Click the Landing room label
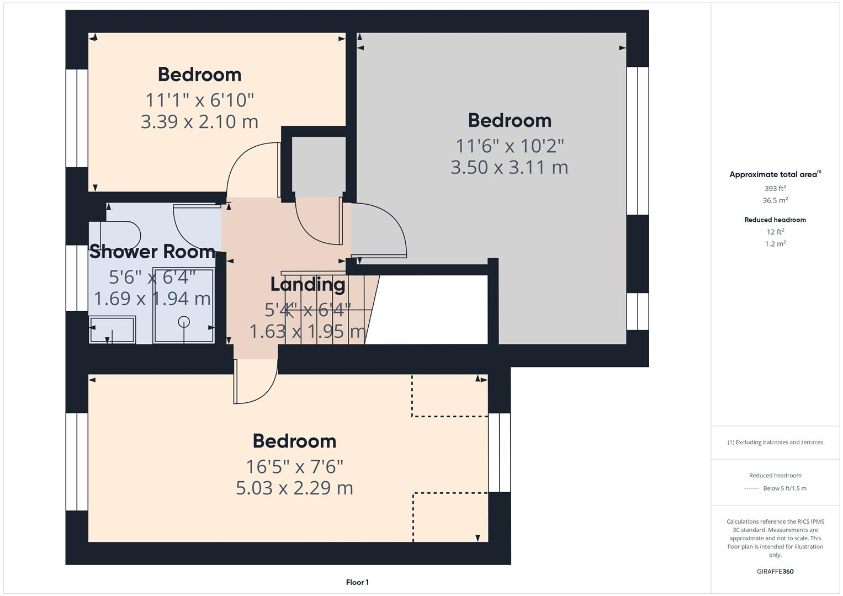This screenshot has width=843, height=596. [x=307, y=284]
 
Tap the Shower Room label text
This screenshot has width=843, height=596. [x=152, y=252]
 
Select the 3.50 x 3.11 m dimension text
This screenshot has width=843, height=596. [x=509, y=167]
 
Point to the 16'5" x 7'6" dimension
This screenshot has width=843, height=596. [x=294, y=467]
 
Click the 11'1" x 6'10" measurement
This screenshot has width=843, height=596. [x=199, y=100]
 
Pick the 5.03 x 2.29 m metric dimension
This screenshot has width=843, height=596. [x=294, y=488]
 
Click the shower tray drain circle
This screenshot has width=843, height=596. [x=184, y=321]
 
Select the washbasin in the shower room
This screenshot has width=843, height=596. [x=113, y=329]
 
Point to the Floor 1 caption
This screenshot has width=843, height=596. [x=357, y=582]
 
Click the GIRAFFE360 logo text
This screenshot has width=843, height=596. [x=775, y=572]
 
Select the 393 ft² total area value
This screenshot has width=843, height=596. [x=775, y=189]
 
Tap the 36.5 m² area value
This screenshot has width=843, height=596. [x=775, y=201]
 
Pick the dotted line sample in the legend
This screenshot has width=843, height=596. [x=751, y=489]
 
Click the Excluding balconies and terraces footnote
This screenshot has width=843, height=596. [x=775, y=443]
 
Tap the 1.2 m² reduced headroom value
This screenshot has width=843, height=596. [x=775, y=244]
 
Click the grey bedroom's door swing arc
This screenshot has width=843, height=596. [x=386, y=229]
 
